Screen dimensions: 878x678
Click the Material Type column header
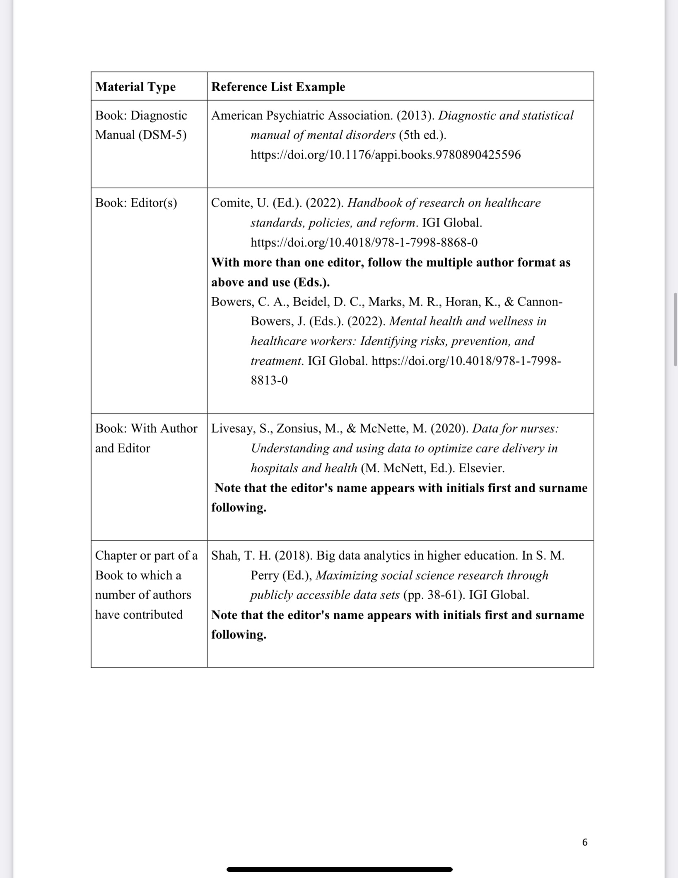(x=135, y=87)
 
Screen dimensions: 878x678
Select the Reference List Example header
(x=278, y=87)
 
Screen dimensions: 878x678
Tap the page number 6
(x=584, y=842)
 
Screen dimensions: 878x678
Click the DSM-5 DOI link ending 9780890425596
(x=385, y=155)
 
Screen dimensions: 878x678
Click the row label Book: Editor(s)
(x=136, y=203)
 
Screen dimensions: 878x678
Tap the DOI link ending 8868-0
(x=364, y=242)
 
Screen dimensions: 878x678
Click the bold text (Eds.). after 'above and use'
(x=311, y=282)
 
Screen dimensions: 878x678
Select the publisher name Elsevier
(x=481, y=468)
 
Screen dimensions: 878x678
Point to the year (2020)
(x=449, y=428)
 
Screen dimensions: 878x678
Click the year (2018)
(x=293, y=556)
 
